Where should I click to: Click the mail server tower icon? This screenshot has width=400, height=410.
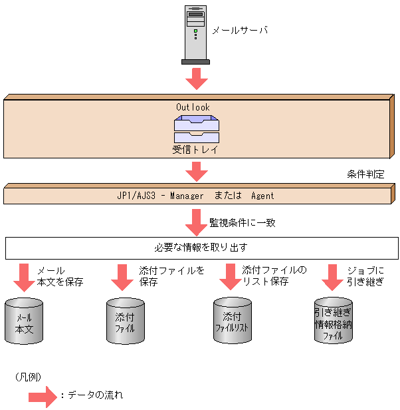pos(195,33)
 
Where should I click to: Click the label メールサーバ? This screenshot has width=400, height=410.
pos(239,30)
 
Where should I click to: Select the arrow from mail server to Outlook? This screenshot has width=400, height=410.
pos(196,79)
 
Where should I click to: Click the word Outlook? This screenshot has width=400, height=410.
pos(193,107)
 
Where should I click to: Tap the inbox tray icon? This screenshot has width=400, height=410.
pos(196,129)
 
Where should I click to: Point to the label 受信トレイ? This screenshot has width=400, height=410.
pos(195,150)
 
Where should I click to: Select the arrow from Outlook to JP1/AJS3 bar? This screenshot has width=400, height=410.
pos(196,172)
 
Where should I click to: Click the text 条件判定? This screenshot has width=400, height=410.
pos(365,174)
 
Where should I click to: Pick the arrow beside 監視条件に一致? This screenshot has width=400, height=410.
pos(196,222)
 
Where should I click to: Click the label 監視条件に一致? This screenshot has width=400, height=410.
pos(243,222)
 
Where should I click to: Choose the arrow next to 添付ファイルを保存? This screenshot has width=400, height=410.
pos(123,277)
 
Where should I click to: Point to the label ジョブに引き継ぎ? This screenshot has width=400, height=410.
pos(365,277)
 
